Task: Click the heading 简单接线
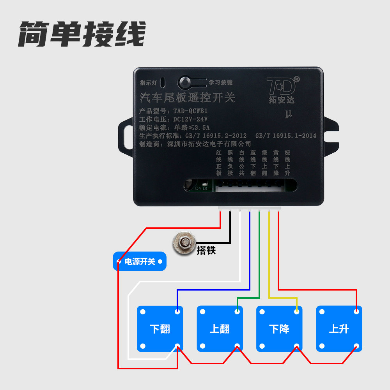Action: (x=82, y=34)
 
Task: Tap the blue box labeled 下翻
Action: (x=160, y=329)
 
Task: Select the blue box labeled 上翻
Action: (x=220, y=329)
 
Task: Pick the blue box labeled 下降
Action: (x=279, y=329)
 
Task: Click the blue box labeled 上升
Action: (x=339, y=329)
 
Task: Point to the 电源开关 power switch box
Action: (x=140, y=261)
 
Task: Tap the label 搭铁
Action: (x=206, y=250)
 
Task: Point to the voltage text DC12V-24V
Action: (x=190, y=119)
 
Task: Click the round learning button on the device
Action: (x=184, y=82)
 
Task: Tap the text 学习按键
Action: (x=220, y=83)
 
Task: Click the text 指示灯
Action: (x=148, y=83)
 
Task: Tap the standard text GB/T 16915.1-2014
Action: (x=285, y=136)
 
